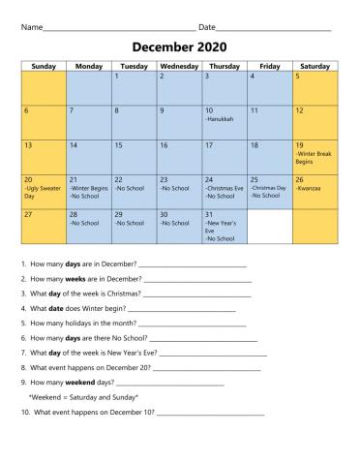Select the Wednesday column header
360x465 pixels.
click(x=179, y=66)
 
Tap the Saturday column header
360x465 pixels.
click(x=315, y=66)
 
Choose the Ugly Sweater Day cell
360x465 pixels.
click(x=44, y=188)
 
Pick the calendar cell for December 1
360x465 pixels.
click(x=134, y=87)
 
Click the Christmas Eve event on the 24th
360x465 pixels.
click(x=224, y=188)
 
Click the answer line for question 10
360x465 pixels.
click(x=210, y=414)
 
